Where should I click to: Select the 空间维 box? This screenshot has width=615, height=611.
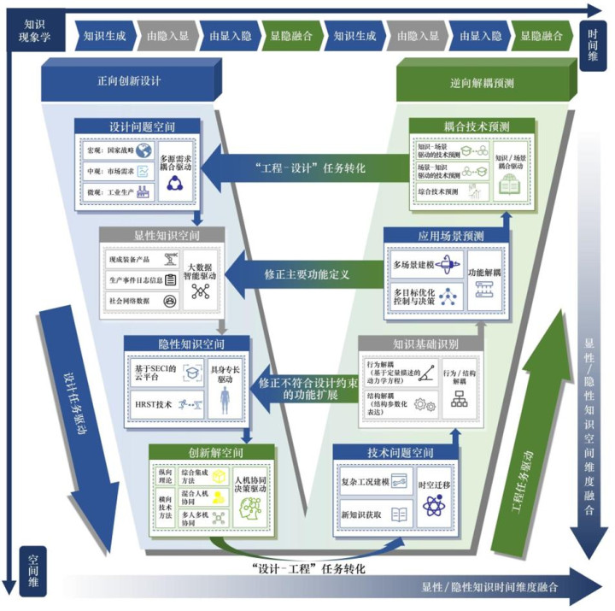[x=31, y=560]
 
